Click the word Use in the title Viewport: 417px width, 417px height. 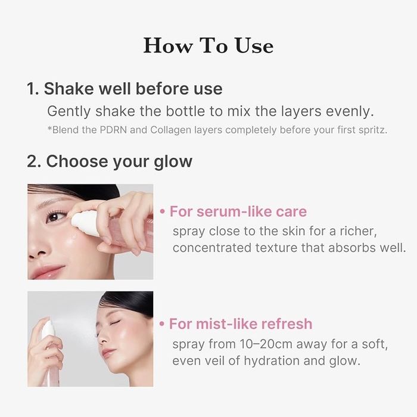[254, 45]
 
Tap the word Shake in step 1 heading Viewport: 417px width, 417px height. [69, 88]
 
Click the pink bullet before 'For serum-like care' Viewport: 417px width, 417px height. [162, 211]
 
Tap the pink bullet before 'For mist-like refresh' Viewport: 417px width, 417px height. [161, 324]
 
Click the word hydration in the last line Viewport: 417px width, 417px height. [272, 361]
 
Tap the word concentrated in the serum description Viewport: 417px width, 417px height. [212, 248]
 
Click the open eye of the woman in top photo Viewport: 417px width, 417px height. [55, 217]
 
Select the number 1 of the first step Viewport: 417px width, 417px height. [30, 89]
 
